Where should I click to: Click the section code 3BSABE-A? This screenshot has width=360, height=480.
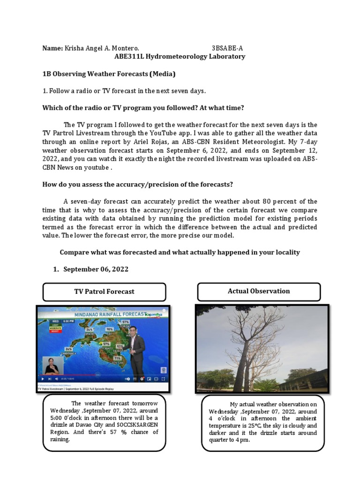pos(227,48)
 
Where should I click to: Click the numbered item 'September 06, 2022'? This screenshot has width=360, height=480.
pos(96,269)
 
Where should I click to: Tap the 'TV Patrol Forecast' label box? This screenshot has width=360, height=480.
pos(104,292)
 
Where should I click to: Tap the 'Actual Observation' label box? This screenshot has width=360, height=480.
pos(259,291)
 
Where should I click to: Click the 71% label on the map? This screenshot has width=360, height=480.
pos(117,358)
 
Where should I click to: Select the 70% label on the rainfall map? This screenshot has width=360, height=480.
pos(110,329)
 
